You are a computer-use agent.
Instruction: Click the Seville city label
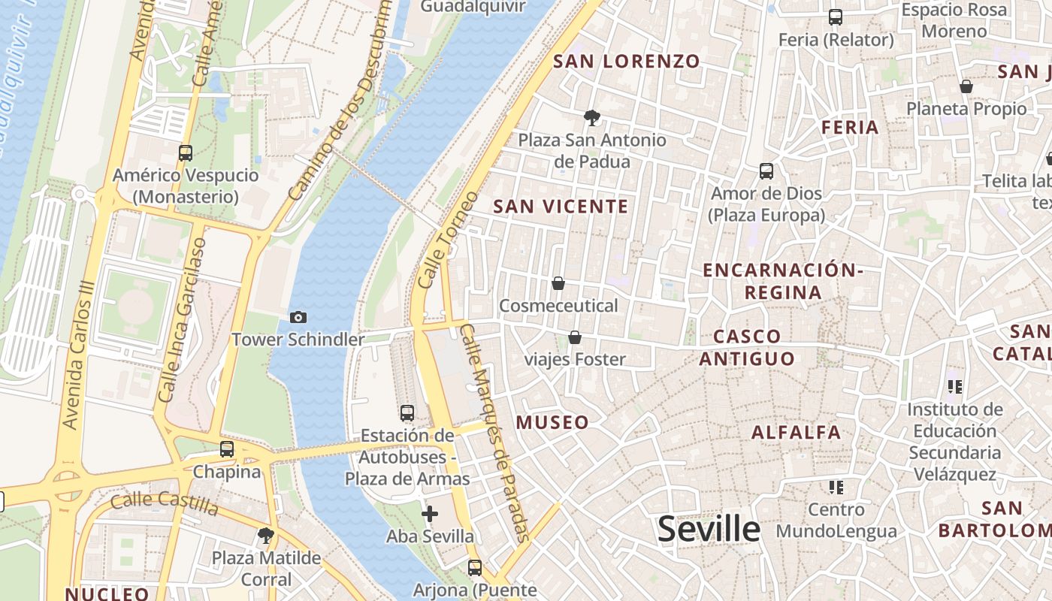pyautogui.click(x=709, y=530)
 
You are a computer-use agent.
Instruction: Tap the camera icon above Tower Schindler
pyautogui.click(x=298, y=318)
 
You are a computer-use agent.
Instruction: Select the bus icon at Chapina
pyautogui.click(x=227, y=449)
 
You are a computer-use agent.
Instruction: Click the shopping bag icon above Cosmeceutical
pyautogui.click(x=558, y=283)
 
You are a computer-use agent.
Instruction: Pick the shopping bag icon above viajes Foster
pyautogui.click(x=575, y=337)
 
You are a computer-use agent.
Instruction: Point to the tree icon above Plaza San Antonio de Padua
pyautogui.click(x=592, y=117)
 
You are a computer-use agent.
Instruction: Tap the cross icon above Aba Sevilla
pyautogui.click(x=430, y=514)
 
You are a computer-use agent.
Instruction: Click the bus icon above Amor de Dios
pyautogui.click(x=766, y=171)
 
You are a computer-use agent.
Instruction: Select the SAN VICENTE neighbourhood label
pyautogui.click(x=561, y=207)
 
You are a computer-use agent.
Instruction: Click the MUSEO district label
pyautogui.click(x=552, y=422)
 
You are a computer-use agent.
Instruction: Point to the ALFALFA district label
pyautogui.click(x=797, y=433)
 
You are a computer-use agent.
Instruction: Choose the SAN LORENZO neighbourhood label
pyautogui.click(x=627, y=62)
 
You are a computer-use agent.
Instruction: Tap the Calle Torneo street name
pyautogui.click(x=448, y=240)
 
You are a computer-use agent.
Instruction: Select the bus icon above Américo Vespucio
pyautogui.click(x=186, y=153)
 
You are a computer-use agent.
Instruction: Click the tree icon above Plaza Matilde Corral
pyautogui.click(x=265, y=536)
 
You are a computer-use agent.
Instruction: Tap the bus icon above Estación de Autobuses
pyautogui.click(x=407, y=413)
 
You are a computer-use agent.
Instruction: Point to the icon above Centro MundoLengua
pyautogui.click(x=836, y=488)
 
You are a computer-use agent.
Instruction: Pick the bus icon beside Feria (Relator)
pyautogui.click(x=835, y=17)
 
